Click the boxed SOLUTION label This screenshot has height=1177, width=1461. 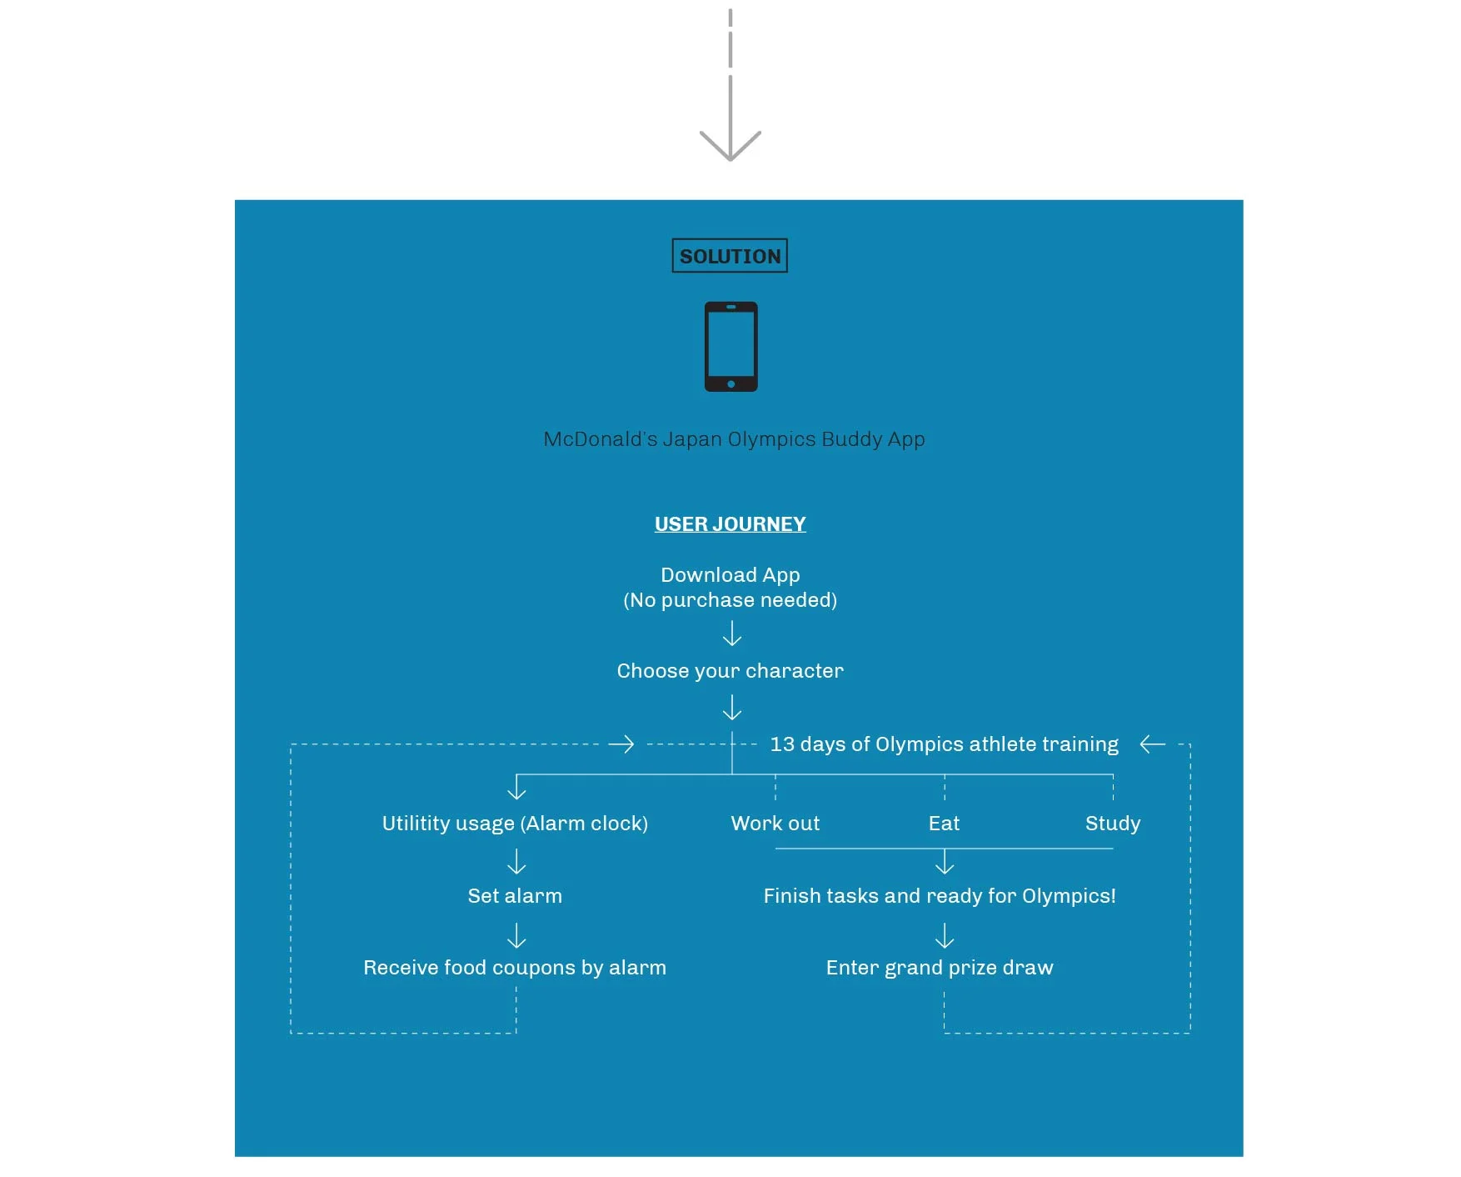pos(730,256)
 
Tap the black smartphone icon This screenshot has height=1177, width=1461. pos(730,347)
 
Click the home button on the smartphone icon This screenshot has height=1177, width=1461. pos(730,384)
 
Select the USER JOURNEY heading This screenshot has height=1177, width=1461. pos(730,524)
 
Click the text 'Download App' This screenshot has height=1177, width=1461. pos(730,575)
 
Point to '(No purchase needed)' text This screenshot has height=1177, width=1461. pos(730,600)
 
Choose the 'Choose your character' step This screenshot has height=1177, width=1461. pos(730,671)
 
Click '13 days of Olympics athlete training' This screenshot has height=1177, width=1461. pos(945,744)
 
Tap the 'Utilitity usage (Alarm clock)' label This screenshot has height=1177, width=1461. pos(515,824)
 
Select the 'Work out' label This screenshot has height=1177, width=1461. pos(775,824)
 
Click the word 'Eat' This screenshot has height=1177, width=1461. pos(945,824)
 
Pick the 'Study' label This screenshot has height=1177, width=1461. pos(1113,824)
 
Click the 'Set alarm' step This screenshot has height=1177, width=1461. pos(515,896)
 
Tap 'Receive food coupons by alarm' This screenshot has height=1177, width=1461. pos(515,968)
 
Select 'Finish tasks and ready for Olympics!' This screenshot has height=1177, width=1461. pos(940,896)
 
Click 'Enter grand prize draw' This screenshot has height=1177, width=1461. pos(940,968)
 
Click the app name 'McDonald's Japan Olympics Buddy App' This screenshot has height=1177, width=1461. pos(734,439)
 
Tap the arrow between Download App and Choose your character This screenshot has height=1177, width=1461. pos(732,634)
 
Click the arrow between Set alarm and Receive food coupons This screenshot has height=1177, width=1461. pos(516,935)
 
